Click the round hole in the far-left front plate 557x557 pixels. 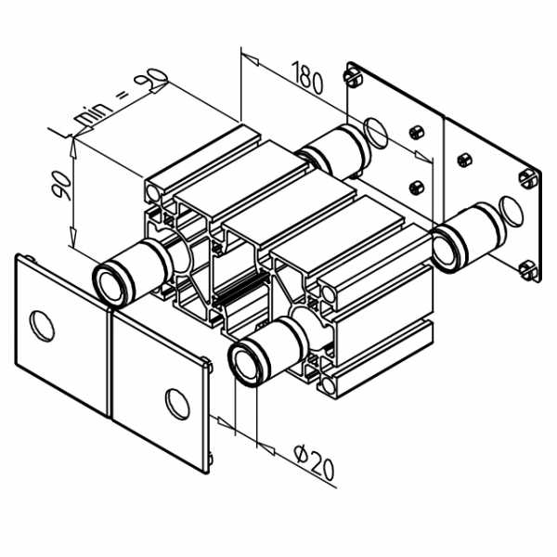(43, 325)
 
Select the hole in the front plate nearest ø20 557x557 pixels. (175, 401)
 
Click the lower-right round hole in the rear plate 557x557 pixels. (510, 211)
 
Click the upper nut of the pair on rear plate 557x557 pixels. (417, 132)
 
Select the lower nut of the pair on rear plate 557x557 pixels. (417, 188)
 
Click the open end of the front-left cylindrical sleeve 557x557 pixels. (110, 282)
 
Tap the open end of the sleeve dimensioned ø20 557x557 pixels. (248, 360)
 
